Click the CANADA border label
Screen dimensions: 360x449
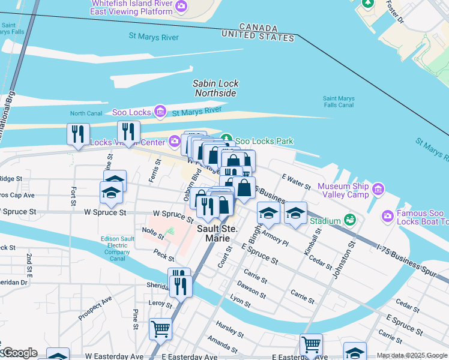pos(258,28)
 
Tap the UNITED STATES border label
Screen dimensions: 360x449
pos(258,37)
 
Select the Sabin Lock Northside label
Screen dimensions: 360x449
pos(215,89)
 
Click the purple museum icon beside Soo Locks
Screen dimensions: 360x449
pos(160,111)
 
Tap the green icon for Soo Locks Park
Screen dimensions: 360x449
pos(228,141)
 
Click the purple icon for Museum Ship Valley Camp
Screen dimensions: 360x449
pos(378,190)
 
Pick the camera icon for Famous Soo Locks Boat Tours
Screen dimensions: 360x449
pos(387,215)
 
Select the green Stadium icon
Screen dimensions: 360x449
pos(349,221)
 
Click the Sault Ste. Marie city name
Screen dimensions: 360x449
pos(214,233)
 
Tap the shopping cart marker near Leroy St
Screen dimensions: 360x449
pos(161,329)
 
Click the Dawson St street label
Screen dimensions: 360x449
pos(251,289)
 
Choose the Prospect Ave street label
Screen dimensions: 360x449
pos(95,307)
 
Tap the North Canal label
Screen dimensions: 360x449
pos(86,113)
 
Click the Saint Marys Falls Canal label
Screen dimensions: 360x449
pos(339,102)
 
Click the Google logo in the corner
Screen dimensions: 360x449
pos(19,352)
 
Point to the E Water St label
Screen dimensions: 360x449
pos(296,181)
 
